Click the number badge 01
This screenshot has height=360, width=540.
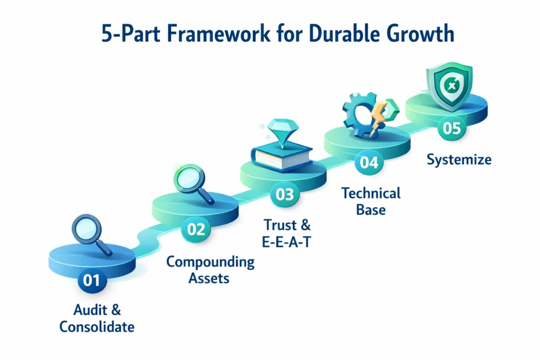click(x=91, y=280)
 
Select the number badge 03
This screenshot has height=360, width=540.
click(x=285, y=194)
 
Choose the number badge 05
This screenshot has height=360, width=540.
click(x=451, y=129)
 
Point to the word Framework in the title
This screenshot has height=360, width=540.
click(x=204, y=35)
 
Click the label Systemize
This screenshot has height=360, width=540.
click(x=459, y=159)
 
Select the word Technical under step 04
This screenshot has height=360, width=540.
click(x=371, y=193)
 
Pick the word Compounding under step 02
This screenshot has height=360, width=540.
click(x=210, y=261)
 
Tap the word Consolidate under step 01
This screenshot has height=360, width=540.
click(x=97, y=327)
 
